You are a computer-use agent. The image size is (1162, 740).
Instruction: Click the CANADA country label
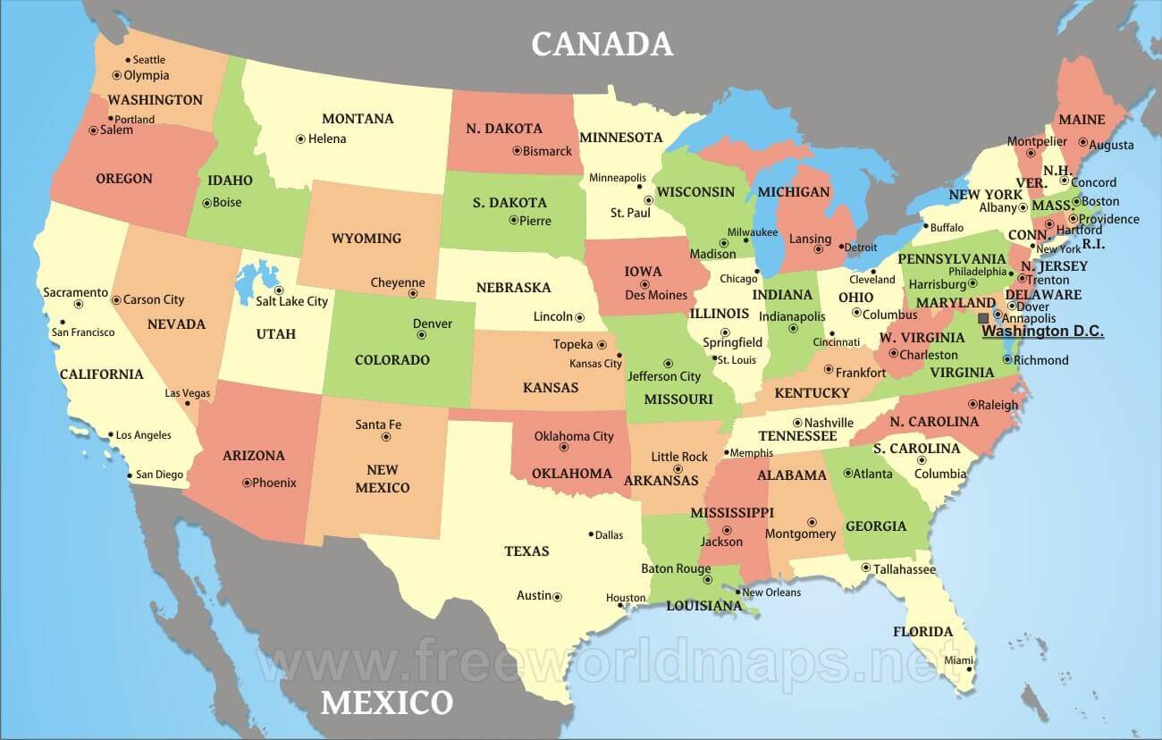pyautogui.click(x=602, y=43)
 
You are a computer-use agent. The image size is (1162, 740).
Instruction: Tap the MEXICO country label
pyautogui.click(x=387, y=702)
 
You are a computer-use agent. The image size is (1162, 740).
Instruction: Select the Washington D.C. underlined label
pyautogui.click(x=1042, y=332)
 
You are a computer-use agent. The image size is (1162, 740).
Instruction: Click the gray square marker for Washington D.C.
pyautogui.click(x=983, y=317)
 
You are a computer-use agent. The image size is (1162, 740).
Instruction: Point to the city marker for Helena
pyautogui.click(x=300, y=139)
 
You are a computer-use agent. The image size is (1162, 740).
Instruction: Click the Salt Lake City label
pyautogui.click(x=292, y=301)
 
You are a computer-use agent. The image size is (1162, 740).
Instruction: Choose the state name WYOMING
pyautogui.click(x=366, y=239)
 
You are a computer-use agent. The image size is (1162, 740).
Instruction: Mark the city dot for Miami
pyautogui.click(x=969, y=669)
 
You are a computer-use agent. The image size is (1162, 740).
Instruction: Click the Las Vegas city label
pyautogui.click(x=188, y=392)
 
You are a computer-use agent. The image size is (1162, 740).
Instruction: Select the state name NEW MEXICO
pyautogui.click(x=383, y=478)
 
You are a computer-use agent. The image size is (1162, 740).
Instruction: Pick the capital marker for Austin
pyautogui.click(x=557, y=596)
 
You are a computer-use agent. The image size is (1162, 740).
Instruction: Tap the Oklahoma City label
pyautogui.click(x=574, y=436)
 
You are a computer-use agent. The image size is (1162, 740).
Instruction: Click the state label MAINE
pyautogui.click(x=1082, y=120)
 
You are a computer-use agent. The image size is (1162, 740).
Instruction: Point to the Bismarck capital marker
pyautogui.click(x=517, y=151)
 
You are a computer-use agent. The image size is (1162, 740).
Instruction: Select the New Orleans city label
pyautogui.click(x=771, y=593)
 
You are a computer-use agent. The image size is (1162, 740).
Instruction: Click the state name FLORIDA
pyautogui.click(x=922, y=632)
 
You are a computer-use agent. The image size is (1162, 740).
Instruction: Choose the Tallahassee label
pyautogui.click(x=905, y=569)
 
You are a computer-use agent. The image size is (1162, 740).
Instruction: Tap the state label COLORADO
pyautogui.click(x=392, y=360)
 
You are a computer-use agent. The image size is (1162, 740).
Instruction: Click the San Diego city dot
pyautogui.click(x=131, y=475)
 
